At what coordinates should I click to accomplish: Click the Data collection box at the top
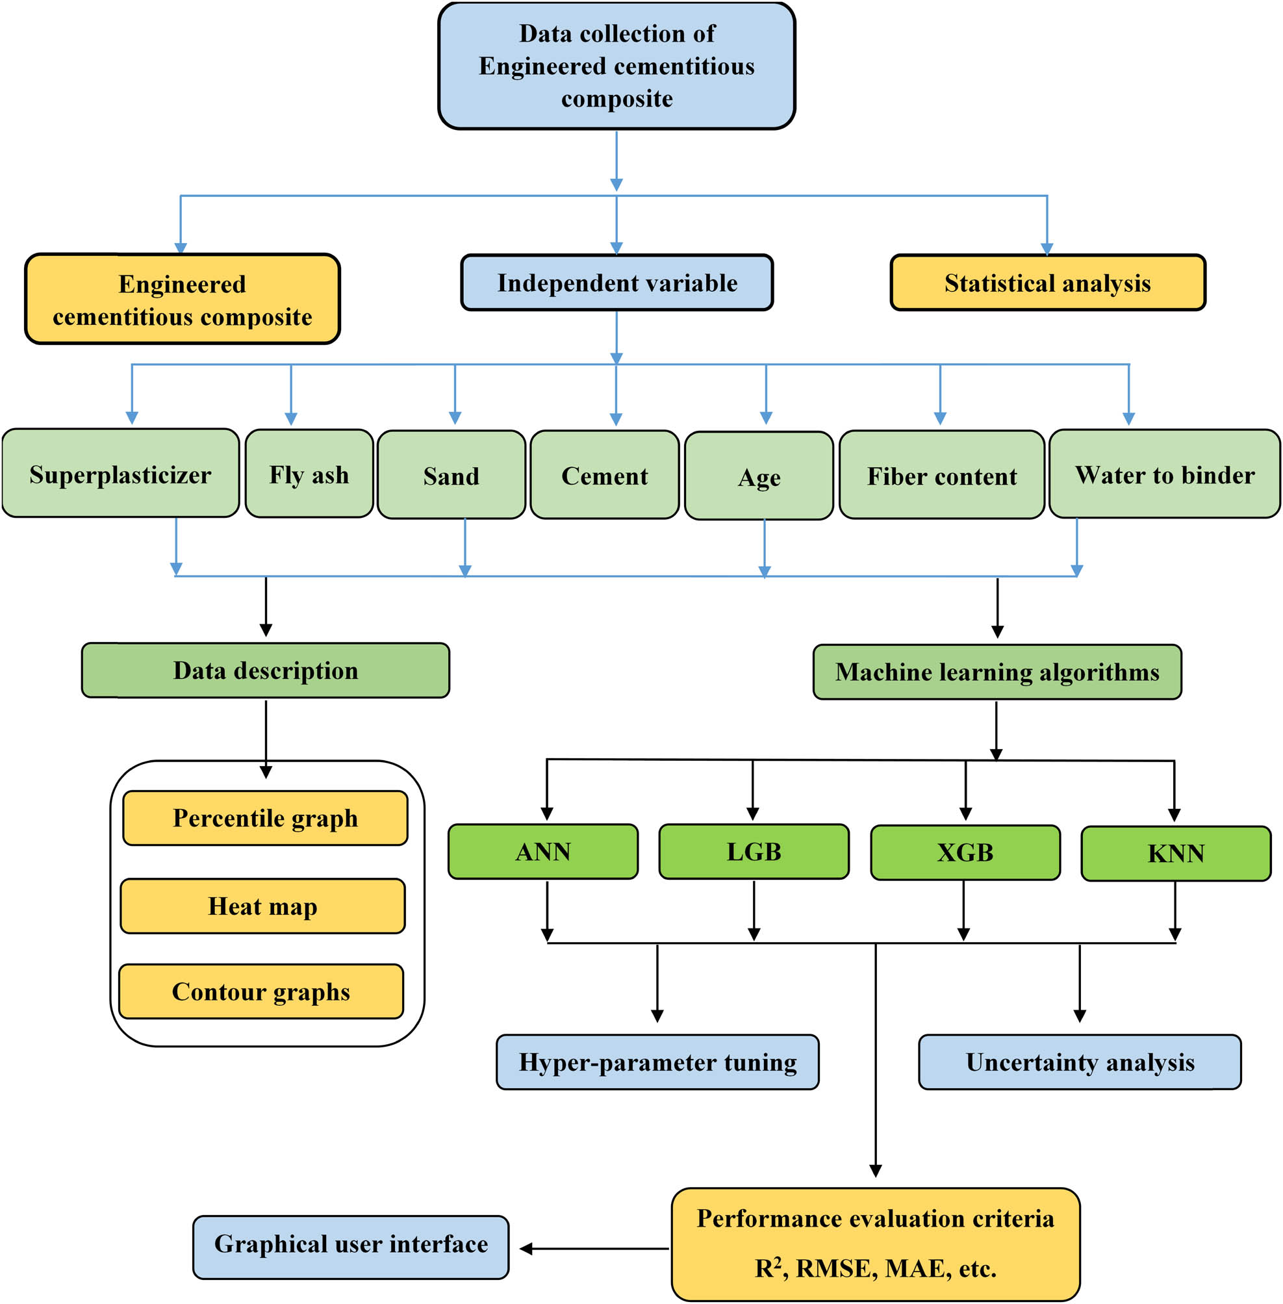coord(616,66)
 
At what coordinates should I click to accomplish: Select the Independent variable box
coord(616,283)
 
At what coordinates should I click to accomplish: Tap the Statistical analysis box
coord(1047,283)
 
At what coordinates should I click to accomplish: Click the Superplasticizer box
coord(120,474)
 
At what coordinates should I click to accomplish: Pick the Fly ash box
coord(309,474)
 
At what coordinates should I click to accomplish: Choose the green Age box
coord(759,476)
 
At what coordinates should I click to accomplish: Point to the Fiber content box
coord(941,475)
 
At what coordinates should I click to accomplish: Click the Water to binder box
coord(1163,474)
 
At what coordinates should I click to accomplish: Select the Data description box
coord(266,670)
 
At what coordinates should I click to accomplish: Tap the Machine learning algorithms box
coord(997,672)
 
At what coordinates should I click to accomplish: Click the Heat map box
coord(262,906)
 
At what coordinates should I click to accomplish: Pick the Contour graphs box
coord(260,991)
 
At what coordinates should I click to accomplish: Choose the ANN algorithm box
coord(542,851)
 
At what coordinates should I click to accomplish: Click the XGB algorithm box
coord(965,852)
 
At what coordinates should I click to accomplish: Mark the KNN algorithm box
coord(1175,853)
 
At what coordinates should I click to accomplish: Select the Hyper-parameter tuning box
coord(657,1062)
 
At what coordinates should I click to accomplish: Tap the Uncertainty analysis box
coord(1080,1062)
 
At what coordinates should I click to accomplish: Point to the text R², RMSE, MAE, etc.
coord(874,1268)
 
